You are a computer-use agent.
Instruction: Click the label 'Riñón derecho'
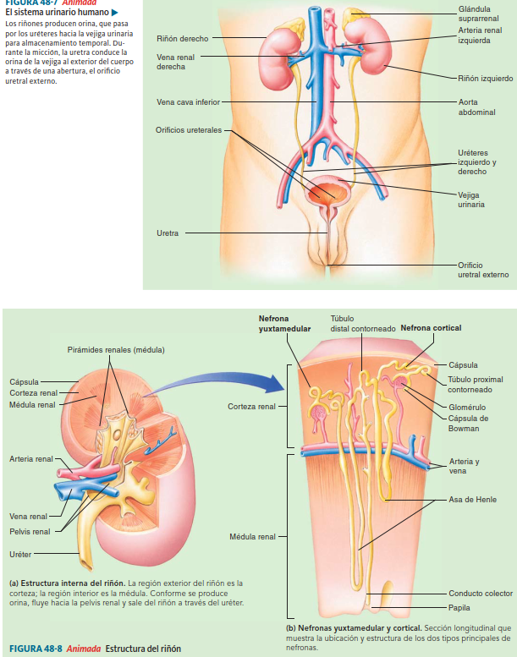tap(182, 39)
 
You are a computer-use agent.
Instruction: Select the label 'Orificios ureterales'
tap(189, 130)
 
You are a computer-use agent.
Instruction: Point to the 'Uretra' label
tap(168, 233)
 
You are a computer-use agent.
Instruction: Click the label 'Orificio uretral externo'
tap(483, 269)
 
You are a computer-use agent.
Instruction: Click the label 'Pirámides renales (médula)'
tap(116, 350)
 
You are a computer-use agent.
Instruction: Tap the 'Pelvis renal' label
tap(30, 531)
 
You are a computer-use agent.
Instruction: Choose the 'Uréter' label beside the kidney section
tap(21, 554)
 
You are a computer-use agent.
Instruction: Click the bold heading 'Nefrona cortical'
tap(431, 328)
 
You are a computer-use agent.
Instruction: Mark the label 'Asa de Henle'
tap(472, 499)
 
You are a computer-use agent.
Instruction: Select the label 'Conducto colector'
tap(480, 593)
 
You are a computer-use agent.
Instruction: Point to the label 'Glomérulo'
tap(466, 408)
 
